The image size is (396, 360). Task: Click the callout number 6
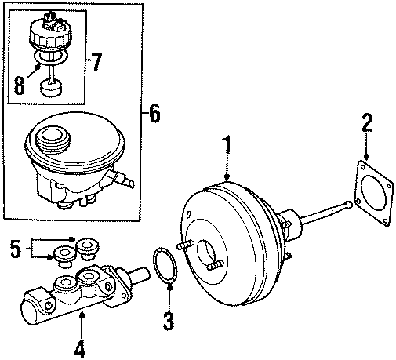click(x=154, y=115)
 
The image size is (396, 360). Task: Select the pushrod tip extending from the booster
click(x=345, y=205)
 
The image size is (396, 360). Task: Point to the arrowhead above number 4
click(x=81, y=315)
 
